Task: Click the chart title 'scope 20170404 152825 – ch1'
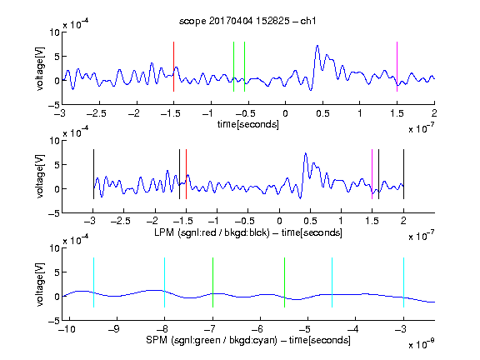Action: (247, 21)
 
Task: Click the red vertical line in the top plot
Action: (173, 67)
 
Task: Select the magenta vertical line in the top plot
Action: (397, 67)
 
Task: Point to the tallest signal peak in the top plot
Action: (317, 46)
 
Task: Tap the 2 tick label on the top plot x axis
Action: (434, 113)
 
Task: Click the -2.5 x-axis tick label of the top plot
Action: (96, 113)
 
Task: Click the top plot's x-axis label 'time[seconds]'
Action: (248, 124)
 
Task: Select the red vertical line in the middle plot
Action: (186, 174)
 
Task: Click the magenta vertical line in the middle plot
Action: (372, 174)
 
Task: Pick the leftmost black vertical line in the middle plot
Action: (93, 174)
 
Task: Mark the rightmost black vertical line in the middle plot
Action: (403, 174)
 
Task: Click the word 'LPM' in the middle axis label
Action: (164, 232)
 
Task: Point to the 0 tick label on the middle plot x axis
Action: (279, 221)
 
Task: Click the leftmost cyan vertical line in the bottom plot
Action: (93, 282)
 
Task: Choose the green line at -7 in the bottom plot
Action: (212, 282)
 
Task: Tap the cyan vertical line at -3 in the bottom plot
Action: (403, 282)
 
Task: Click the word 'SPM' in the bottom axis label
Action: (157, 340)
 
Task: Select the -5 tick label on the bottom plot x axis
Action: (304, 329)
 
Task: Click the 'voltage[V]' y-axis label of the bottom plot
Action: (40, 284)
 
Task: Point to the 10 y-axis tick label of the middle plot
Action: (54, 141)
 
